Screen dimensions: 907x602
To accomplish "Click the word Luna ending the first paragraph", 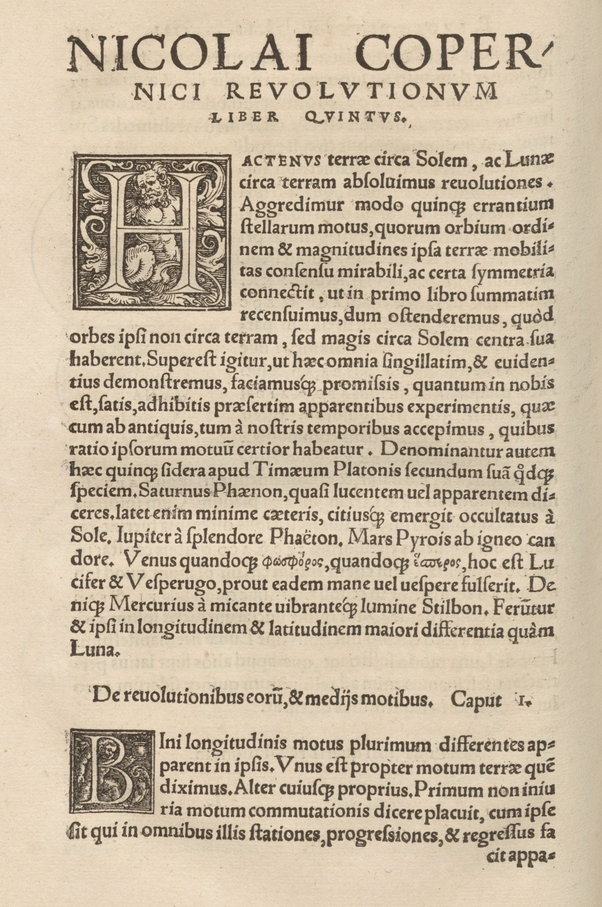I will click(x=93, y=651).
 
